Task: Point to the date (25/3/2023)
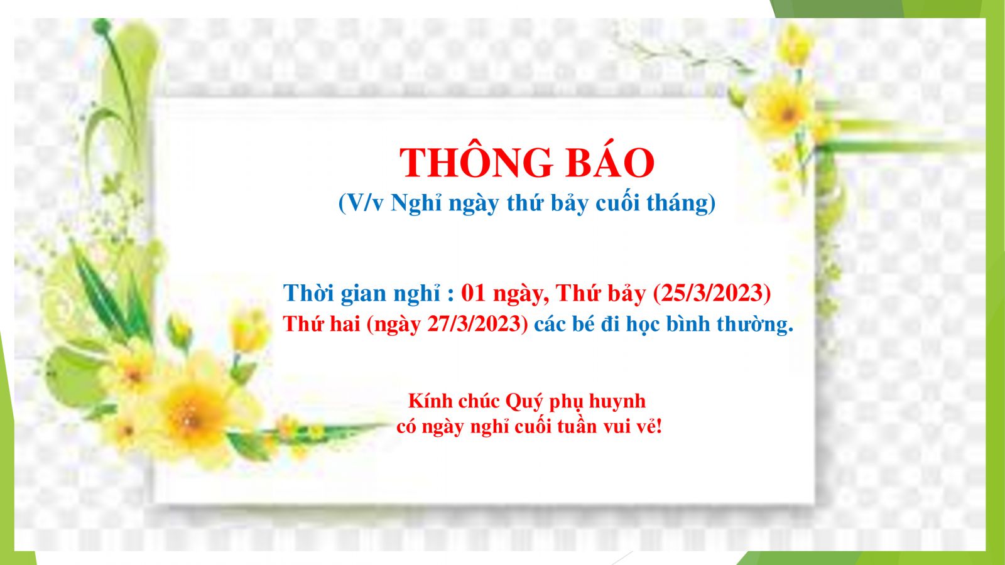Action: tap(712, 293)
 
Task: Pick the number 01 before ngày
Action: tap(474, 293)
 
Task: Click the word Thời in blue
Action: tap(308, 293)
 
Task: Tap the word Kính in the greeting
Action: tap(430, 401)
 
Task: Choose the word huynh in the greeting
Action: tap(617, 401)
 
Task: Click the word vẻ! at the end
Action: tap(649, 426)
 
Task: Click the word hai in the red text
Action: tap(345, 324)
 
